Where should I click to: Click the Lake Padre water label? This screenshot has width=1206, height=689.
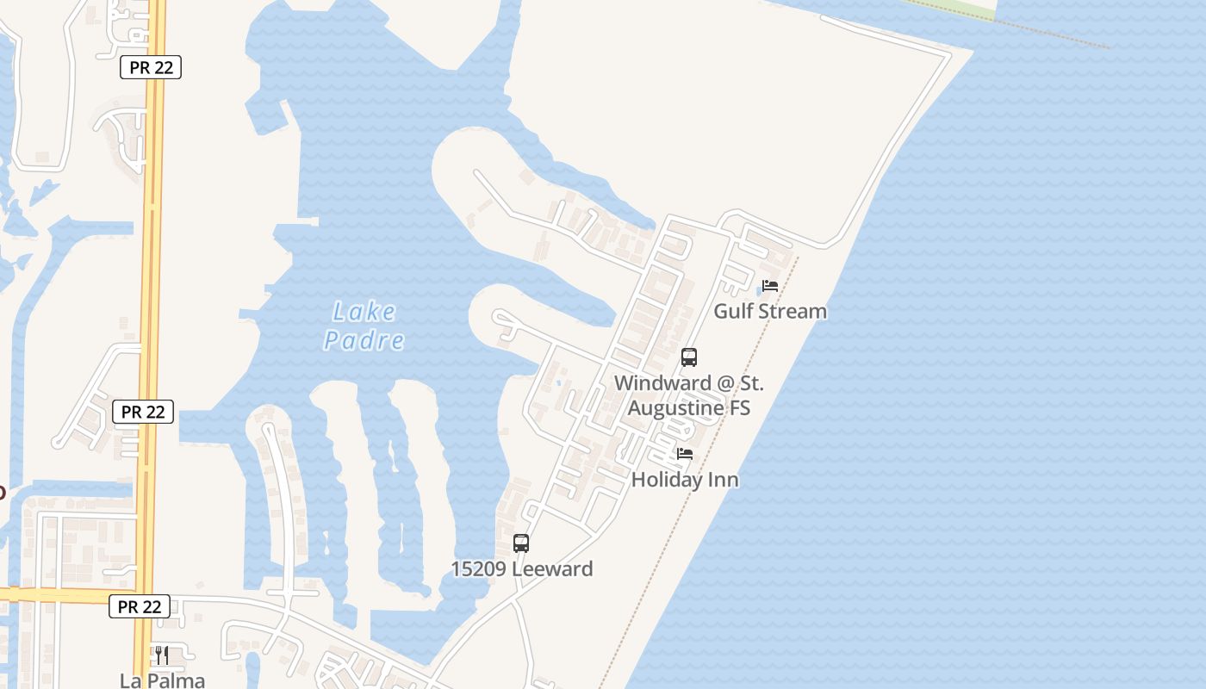click(364, 326)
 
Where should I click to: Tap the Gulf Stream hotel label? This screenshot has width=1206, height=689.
click(769, 311)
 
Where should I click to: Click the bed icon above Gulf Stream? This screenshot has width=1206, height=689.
click(770, 286)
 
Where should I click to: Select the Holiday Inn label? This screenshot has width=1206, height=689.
click(685, 480)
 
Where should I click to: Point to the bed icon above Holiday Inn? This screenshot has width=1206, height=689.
click(685, 454)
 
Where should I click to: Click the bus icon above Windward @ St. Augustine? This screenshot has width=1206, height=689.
click(688, 357)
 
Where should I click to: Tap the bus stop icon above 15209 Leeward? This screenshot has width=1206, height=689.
click(521, 543)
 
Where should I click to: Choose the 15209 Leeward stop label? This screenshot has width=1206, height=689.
click(522, 569)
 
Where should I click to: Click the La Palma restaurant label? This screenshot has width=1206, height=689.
click(162, 680)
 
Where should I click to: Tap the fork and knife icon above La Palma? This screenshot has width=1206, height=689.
click(161, 655)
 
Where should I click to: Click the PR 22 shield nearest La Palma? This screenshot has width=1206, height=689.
click(140, 606)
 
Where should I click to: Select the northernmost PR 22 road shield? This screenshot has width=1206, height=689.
click(151, 68)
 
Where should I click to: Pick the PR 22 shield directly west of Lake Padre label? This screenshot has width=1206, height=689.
click(143, 412)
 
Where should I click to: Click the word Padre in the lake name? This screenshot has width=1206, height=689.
click(364, 340)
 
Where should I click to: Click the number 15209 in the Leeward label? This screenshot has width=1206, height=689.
click(480, 569)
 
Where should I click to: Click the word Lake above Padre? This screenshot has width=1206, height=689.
click(364, 311)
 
